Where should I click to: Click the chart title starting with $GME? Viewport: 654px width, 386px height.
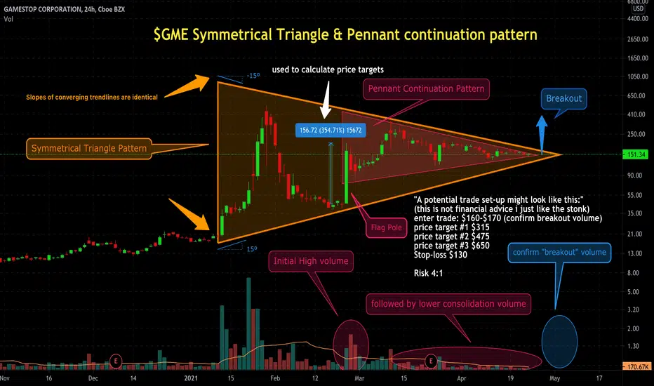(345, 34)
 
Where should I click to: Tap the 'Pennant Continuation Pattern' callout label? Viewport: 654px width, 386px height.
(426, 89)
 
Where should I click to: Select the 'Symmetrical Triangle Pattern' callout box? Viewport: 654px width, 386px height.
(89, 149)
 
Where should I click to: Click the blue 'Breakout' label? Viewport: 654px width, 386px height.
(564, 98)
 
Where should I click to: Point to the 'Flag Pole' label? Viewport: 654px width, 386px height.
(386, 228)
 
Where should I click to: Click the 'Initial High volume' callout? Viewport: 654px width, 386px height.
(311, 261)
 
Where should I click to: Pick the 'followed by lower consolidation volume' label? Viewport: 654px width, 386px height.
(448, 304)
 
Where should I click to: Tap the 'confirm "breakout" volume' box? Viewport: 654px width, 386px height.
(559, 253)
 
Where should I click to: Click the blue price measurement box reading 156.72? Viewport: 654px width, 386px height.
(331, 131)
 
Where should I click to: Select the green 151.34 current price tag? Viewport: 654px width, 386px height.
(635, 154)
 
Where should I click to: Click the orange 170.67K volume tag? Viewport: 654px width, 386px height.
(636, 367)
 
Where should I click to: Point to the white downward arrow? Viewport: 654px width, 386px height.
(326, 100)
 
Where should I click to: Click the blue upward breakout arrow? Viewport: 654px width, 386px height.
(542, 134)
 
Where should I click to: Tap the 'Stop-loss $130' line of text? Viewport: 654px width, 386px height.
(441, 255)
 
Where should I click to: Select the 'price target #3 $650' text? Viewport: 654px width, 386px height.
(452, 246)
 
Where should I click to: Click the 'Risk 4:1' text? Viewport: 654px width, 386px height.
(428, 273)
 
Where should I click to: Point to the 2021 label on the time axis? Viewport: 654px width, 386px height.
(191, 378)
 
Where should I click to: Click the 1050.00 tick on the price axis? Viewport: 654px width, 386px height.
(638, 76)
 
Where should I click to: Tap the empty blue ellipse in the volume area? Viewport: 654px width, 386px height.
(559, 342)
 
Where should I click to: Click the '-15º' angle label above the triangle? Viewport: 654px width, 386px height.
(253, 76)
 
